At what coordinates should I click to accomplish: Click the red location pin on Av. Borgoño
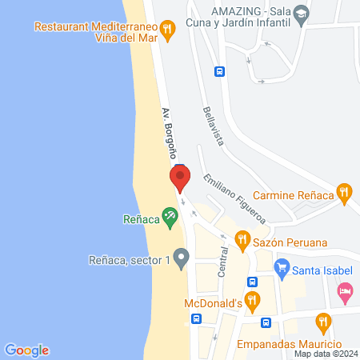point(180,178)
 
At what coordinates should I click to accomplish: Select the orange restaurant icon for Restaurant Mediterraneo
point(167,30)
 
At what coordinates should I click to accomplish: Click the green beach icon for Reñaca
point(170,215)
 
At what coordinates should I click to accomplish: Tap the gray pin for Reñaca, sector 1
point(181,258)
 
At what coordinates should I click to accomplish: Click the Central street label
point(224,262)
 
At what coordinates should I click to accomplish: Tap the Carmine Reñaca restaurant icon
point(344,192)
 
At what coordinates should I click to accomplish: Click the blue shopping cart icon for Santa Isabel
point(281,267)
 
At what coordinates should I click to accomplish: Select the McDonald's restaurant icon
point(252,302)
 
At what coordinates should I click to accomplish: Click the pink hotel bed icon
point(345,290)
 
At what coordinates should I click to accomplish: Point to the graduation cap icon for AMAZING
point(300,12)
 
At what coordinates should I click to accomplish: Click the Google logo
point(27,350)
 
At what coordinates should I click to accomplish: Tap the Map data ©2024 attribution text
point(326,354)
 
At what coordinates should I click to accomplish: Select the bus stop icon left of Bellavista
point(218,70)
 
